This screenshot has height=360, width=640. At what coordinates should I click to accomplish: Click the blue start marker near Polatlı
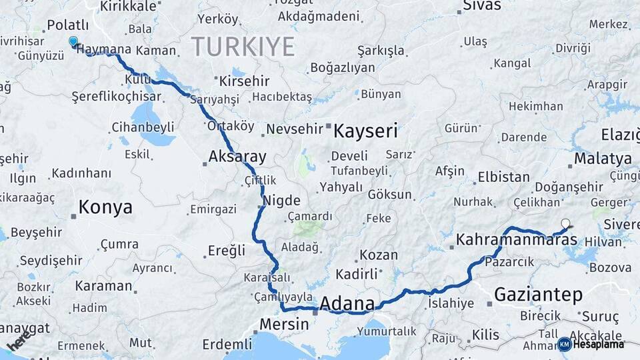coord(73,41)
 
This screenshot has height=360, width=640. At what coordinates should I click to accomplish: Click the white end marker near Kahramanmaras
coord(566,224)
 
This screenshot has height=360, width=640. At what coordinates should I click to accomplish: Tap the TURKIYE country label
coord(243,47)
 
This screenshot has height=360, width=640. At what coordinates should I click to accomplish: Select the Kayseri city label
coord(365,130)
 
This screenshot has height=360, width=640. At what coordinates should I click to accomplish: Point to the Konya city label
coord(105,207)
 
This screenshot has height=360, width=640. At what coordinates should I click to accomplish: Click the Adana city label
coord(347,303)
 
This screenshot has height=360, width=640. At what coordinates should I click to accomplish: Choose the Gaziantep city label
coord(539,294)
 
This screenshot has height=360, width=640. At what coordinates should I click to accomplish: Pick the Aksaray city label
coord(237,157)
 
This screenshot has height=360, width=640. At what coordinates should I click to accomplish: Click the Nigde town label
coord(281,201)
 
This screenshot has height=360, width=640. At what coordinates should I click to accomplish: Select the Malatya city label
coord(603,159)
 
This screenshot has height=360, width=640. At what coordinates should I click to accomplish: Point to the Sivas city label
coord(482,6)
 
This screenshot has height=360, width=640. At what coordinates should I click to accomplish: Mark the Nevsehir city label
coord(294,129)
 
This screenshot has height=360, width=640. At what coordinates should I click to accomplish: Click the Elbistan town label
coord(503,178)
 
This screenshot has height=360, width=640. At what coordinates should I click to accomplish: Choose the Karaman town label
coord(103,286)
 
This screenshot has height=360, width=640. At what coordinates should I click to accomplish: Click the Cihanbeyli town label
coord(143,127)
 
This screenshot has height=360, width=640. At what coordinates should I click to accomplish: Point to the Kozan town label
coord(379,255)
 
